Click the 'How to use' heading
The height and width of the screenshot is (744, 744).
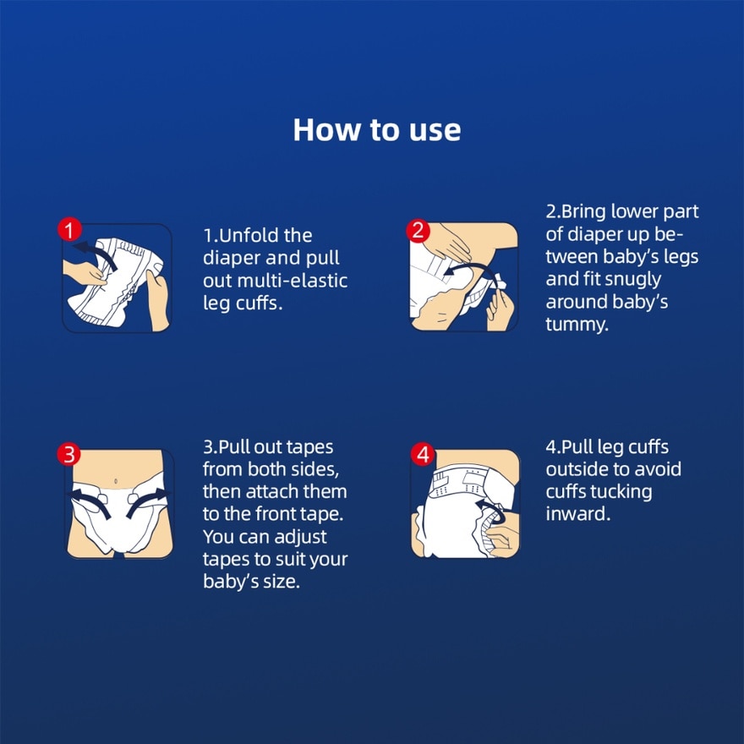377,129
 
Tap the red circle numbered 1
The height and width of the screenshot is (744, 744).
69,230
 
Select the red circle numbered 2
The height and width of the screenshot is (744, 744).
418,231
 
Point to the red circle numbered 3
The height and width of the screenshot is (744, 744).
68,454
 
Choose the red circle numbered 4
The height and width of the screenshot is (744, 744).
423,454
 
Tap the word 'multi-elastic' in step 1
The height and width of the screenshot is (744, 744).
293,281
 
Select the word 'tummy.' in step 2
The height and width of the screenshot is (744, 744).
577,325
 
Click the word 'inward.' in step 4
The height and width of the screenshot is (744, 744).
578,514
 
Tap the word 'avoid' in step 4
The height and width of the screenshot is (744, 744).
657,469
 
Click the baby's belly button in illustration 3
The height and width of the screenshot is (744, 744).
116,482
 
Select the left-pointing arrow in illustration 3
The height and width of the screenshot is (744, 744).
90,503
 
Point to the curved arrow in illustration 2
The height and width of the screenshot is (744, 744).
471,270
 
